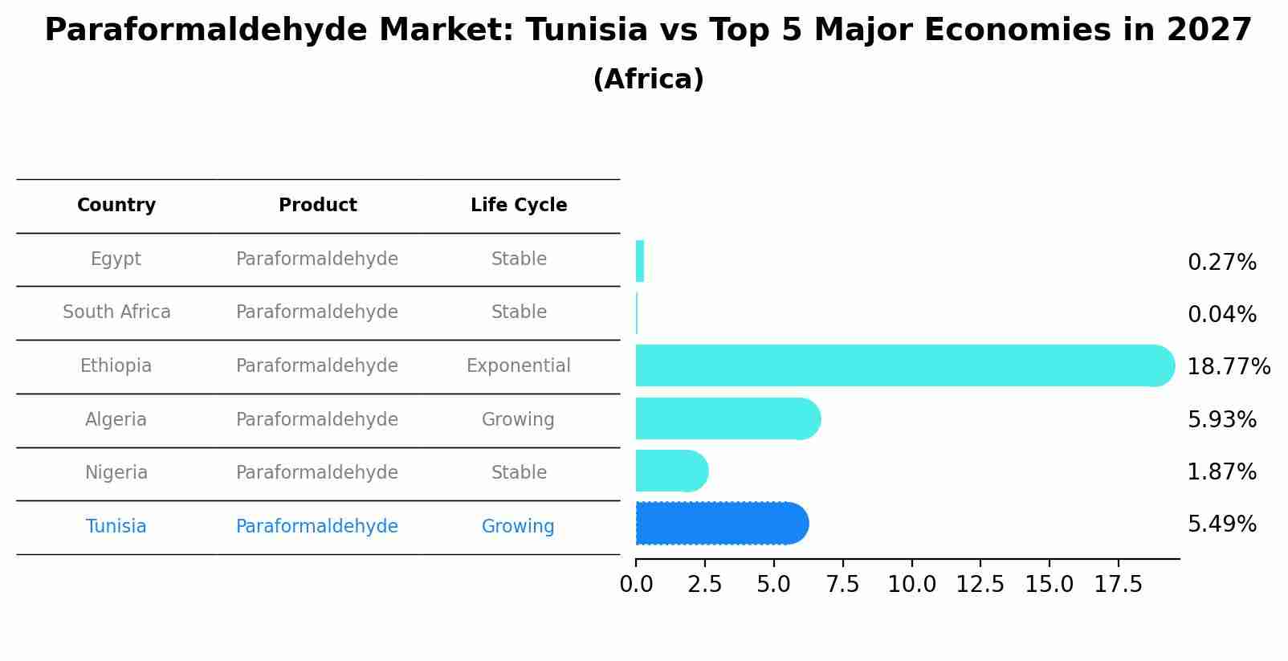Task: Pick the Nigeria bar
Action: click(x=670, y=471)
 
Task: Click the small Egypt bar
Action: click(x=640, y=261)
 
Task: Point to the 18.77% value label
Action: click(x=1229, y=367)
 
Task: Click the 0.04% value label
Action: click(x=1221, y=315)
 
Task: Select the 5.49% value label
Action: click(x=1221, y=524)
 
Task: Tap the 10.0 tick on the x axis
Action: click(x=911, y=585)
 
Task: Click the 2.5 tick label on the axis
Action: click(x=704, y=585)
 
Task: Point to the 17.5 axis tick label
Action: click(x=1118, y=585)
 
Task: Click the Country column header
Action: click(x=116, y=206)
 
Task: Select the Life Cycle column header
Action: click(x=519, y=206)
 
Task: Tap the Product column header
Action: click(x=317, y=206)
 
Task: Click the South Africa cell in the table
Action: click(x=116, y=312)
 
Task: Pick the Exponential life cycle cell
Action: click(x=518, y=366)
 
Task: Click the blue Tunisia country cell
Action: click(x=116, y=527)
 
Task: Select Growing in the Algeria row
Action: click(x=518, y=420)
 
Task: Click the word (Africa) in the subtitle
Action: click(x=648, y=80)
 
